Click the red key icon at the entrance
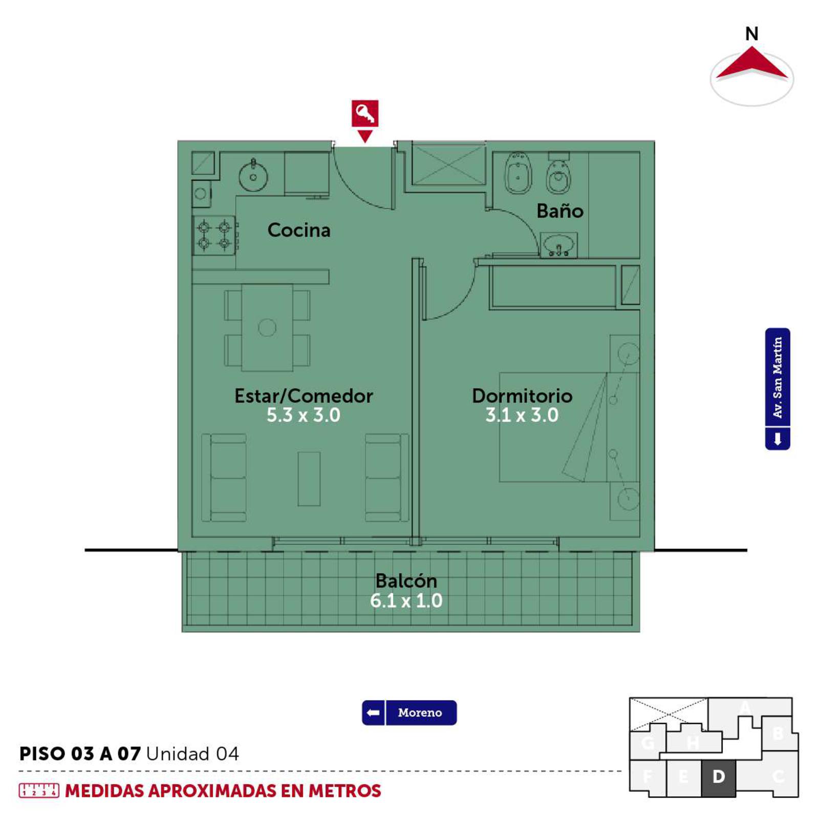[365, 114]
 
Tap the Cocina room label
[299, 230]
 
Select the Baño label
[560, 210]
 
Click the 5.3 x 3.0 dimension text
[304, 415]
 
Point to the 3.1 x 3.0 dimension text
[522, 415]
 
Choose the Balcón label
[406, 580]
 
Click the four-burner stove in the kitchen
[214, 235]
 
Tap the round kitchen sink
[253, 175]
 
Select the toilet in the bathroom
[559, 174]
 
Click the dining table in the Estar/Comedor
[267, 328]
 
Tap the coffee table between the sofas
[309, 479]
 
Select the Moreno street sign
[409, 713]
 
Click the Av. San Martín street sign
[778, 389]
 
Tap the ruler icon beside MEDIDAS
[39, 790]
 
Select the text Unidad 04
[192, 753]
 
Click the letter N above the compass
[751, 34]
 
